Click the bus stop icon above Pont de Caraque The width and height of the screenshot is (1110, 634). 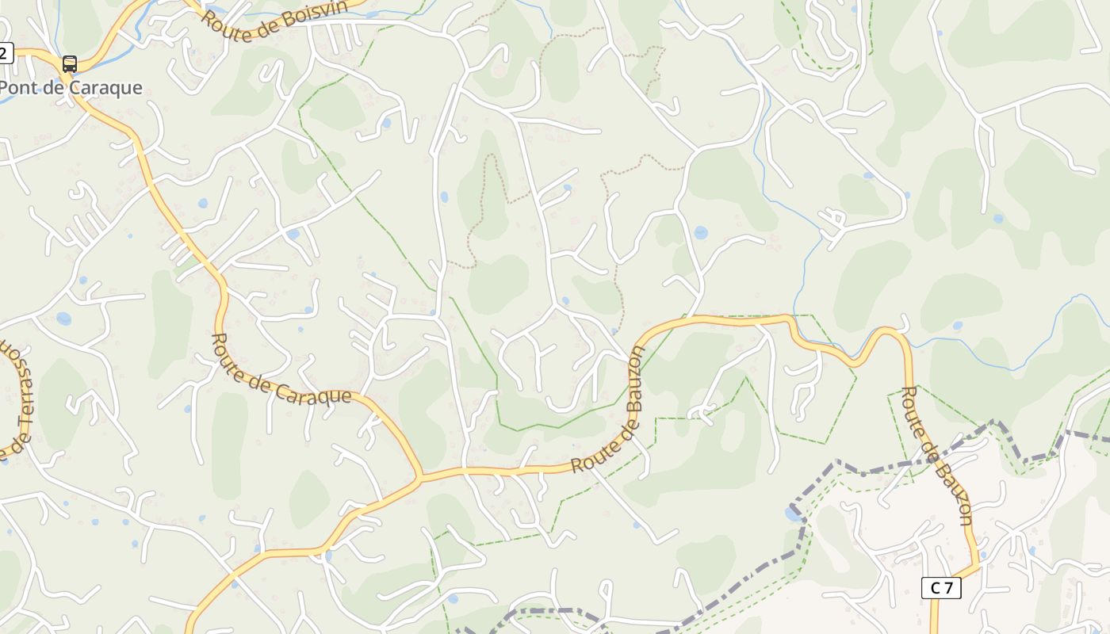pos(70,63)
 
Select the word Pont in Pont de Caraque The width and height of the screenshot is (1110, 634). pos(17,88)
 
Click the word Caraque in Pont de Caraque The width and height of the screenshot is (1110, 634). pos(105,88)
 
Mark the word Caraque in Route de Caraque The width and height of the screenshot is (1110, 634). pos(317,394)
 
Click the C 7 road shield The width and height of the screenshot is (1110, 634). pos(941,587)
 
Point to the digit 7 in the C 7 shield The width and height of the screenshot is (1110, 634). pos(948,587)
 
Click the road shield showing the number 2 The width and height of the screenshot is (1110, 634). pos(5,53)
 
